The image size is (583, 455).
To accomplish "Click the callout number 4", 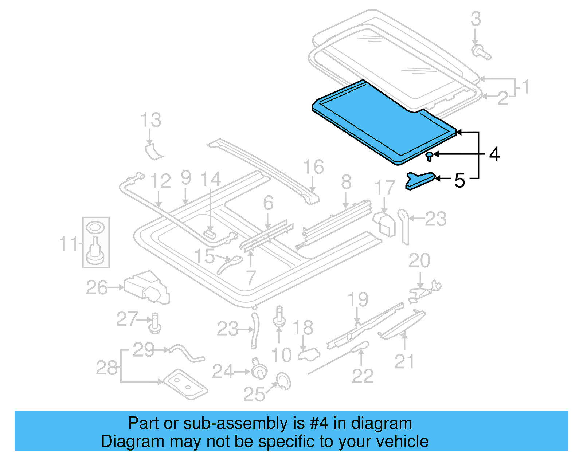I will (494, 154).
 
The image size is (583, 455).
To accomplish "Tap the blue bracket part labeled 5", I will (420, 181).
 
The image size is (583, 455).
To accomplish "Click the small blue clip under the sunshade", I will (430, 157).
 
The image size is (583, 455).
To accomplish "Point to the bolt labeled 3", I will (481, 52).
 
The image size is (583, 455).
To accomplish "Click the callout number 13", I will (151, 120).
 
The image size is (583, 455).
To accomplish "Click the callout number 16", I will (313, 167).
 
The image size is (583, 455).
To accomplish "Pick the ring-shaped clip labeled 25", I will (284, 381).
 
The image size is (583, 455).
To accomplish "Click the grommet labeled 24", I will (258, 369).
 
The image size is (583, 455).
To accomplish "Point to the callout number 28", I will (106, 368).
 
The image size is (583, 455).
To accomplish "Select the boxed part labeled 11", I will (96, 243).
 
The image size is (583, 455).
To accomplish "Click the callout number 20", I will (419, 260).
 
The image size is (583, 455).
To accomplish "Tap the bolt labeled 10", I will (279, 317).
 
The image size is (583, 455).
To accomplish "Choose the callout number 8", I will (346, 182).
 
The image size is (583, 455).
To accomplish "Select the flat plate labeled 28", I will (185, 385).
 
